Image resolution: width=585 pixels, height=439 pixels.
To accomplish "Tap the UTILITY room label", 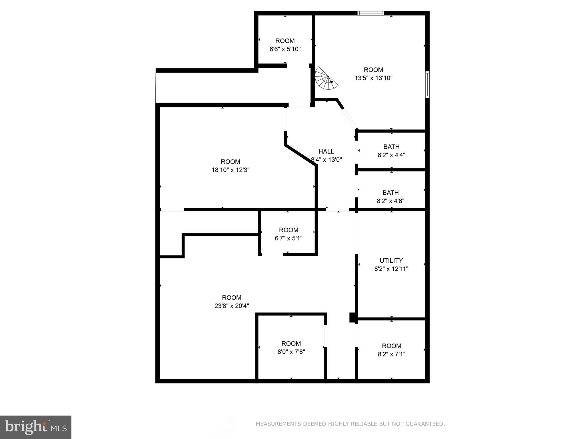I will [x=391, y=261].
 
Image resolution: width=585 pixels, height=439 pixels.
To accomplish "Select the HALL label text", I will [x=326, y=151].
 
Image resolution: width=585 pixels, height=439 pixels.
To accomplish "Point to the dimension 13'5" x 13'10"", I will [x=374, y=78].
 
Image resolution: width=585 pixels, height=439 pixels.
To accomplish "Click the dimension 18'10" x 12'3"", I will [x=231, y=170].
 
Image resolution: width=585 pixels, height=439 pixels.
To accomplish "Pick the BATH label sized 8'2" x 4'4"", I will [x=391, y=147].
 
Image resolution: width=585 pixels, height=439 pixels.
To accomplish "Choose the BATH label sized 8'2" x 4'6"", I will [x=390, y=193].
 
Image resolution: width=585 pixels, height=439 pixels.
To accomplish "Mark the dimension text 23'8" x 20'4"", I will [x=232, y=306].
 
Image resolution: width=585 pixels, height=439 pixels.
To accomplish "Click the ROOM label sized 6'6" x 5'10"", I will [x=285, y=41].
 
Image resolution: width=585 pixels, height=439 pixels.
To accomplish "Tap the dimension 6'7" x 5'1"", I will [x=289, y=238].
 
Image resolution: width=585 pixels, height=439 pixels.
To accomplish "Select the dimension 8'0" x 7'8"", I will [x=291, y=352].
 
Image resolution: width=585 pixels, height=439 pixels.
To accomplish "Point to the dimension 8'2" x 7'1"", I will [x=391, y=354].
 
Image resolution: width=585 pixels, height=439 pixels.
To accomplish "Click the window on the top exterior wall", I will [x=370, y=13].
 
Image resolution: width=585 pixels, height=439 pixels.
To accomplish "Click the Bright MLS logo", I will [x=35, y=427].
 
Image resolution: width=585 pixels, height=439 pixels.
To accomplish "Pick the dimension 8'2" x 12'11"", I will [x=391, y=269].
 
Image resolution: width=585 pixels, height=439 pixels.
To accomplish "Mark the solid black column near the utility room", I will [x=353, y=318].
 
